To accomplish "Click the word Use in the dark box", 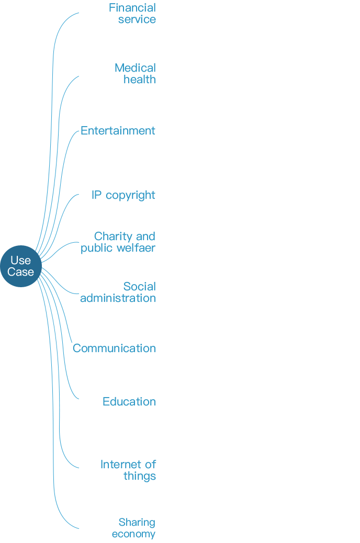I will [x=20, y=260].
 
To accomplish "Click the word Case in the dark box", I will [x=20, y=272].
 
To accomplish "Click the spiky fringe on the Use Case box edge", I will [x=40, y=266].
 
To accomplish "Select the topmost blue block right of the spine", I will [x=132, y=13].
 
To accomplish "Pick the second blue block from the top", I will [x=135, y=73].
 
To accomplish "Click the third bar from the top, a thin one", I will [x=118, y=131].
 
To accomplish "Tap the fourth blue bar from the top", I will [x=123, y=196].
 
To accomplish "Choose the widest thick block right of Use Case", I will [x=118, y=243].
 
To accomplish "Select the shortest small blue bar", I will [x=139, y=286].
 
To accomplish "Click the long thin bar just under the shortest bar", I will [x=118, y=298].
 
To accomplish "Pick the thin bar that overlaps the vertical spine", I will [x=114, y=348].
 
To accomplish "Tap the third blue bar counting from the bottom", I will [x=129, y=401].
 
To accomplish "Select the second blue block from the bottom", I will [x=129, y=471].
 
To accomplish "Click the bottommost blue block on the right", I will [x=134, y=528].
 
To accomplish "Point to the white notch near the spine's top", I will [x=71, y=116].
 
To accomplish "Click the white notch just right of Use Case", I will [x=75, y=279].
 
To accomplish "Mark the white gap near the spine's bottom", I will [x=66, y=476].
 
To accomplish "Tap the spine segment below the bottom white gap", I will [x=66, y=506].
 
